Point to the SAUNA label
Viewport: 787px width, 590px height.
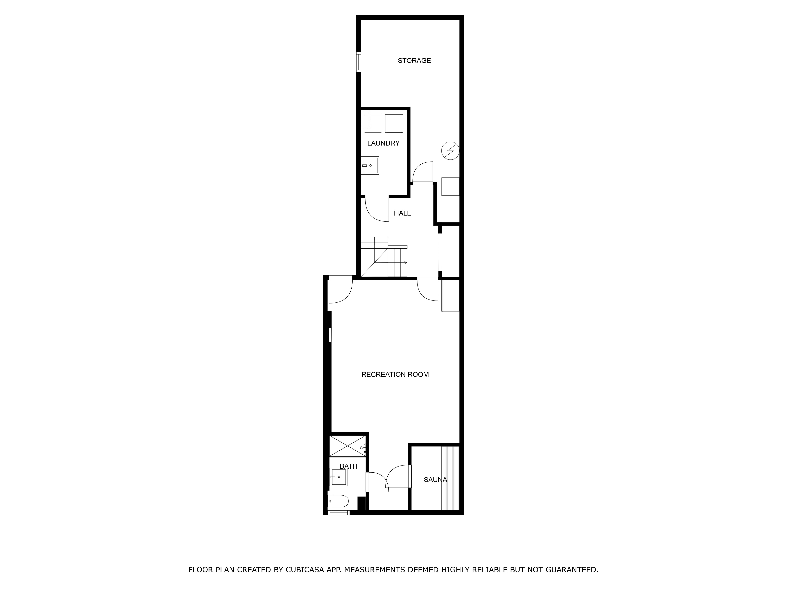tap(435, 480)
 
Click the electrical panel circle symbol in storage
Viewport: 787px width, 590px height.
tap(450, 151)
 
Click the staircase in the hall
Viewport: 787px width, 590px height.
tap(384, 258)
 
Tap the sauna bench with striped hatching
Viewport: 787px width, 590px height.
tap(450, 478)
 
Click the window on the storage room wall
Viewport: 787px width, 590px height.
tap(359, 62)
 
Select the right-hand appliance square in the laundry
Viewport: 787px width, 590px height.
tap(394, 123)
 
